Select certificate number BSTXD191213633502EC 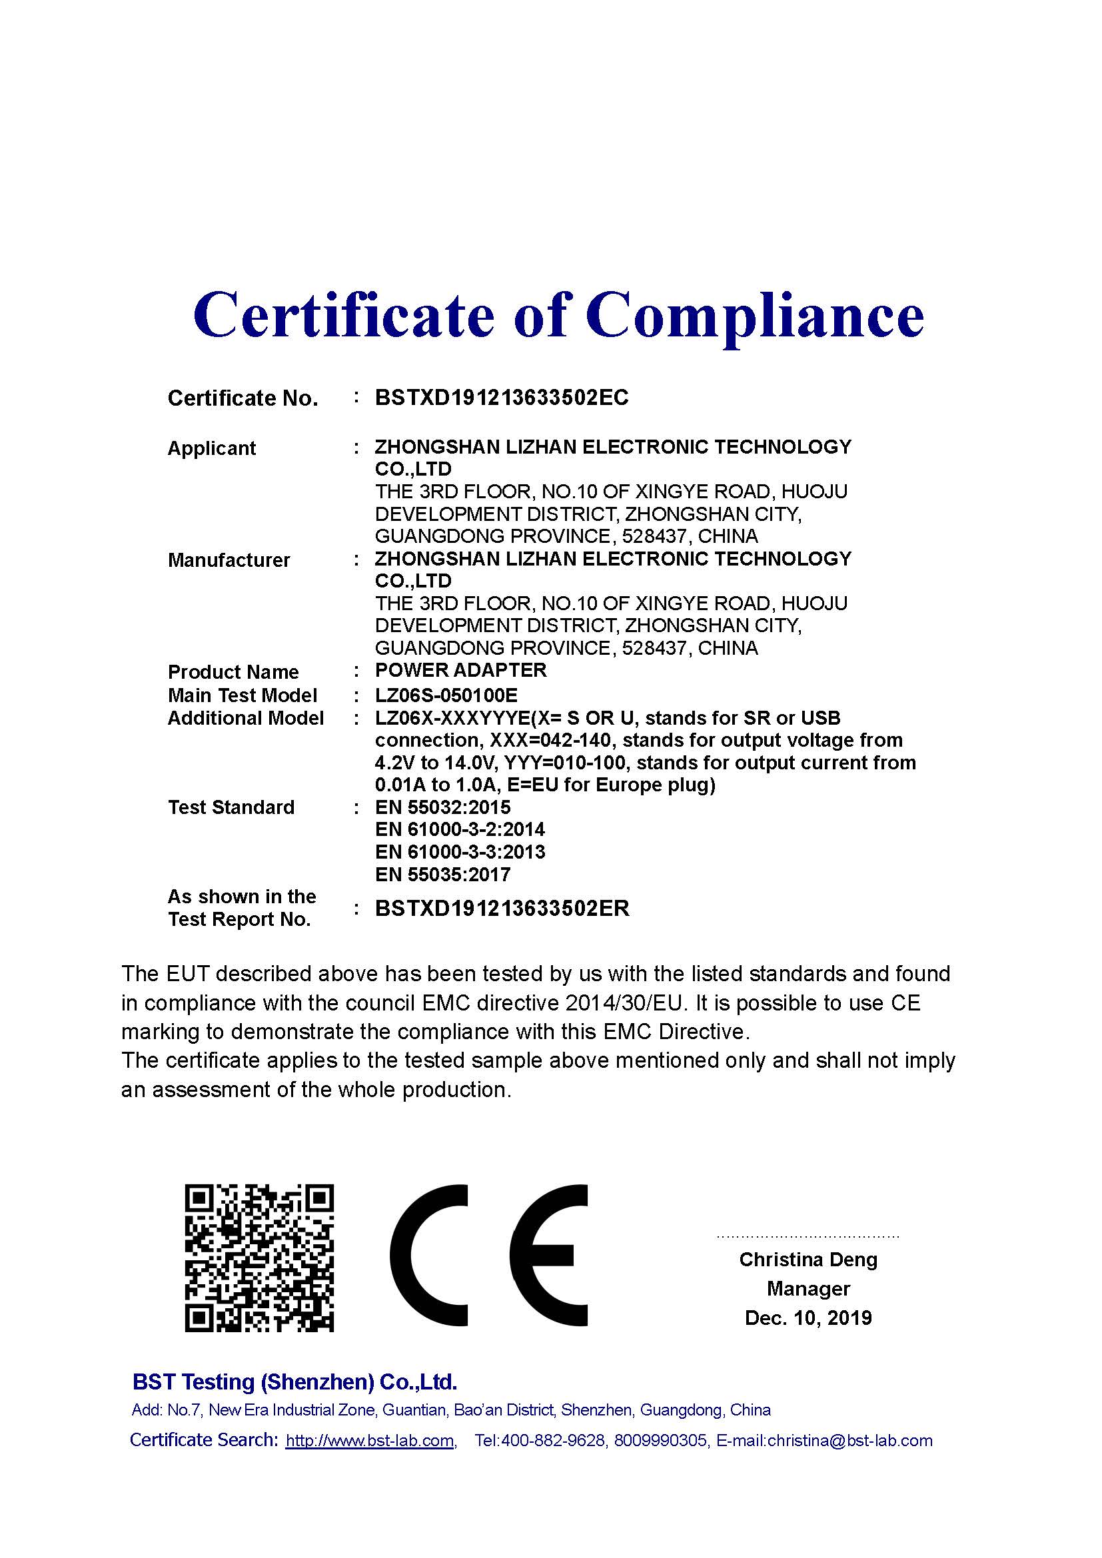pyautogui.click(x=502, y=398)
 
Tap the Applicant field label pyautogui.click(x=211, y=448)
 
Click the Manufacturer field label pyautogui.click(x=229, y=560)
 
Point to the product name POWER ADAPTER pyautogui.click(x=460, y=671)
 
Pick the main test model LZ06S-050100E pyautogui.click(x=446, y=695)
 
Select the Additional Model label pyautogui.click(x=246, y=718)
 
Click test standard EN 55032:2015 pyautogui.click(x=442, y=807)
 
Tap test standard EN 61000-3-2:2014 pyautogui.click(x=460, y=830)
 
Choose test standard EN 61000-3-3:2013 pyautogui.click(x=460, y=853)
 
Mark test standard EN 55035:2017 pyautogui.click(x=442, y=875)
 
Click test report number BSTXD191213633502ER pyautogui.click(x=502, y=909)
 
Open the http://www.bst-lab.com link pyautogui.click(x=370, y=1441)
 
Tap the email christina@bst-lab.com pyautogui.click(x=849, y=1441)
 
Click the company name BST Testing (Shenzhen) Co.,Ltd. pyautogui.click(x=294, y=1381)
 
